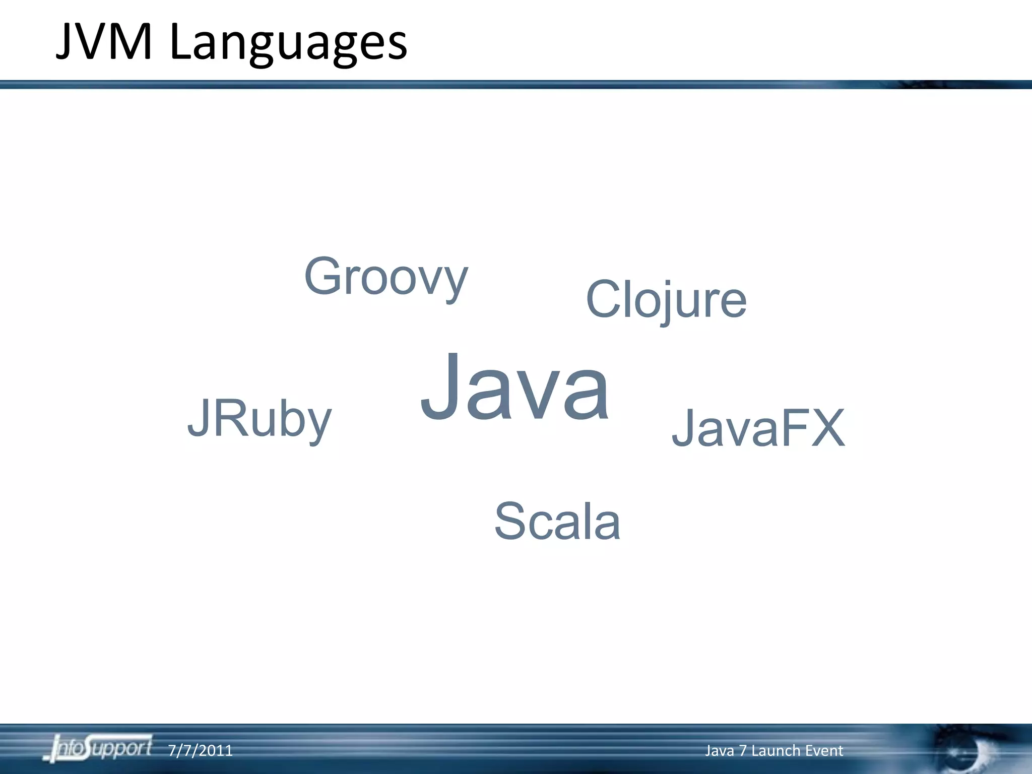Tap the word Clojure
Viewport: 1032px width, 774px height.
coord(666,300)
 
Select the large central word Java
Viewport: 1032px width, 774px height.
coord(514,388)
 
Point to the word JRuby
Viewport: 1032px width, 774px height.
coord(260,418)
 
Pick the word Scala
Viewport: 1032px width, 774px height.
coord(557,521)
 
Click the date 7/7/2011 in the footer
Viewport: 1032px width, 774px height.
coord(200,751)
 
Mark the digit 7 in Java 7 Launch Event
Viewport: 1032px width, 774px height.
coord(743,751)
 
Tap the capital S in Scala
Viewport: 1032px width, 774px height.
coord(510,521)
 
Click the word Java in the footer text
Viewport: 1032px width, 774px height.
coord(719,751)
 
